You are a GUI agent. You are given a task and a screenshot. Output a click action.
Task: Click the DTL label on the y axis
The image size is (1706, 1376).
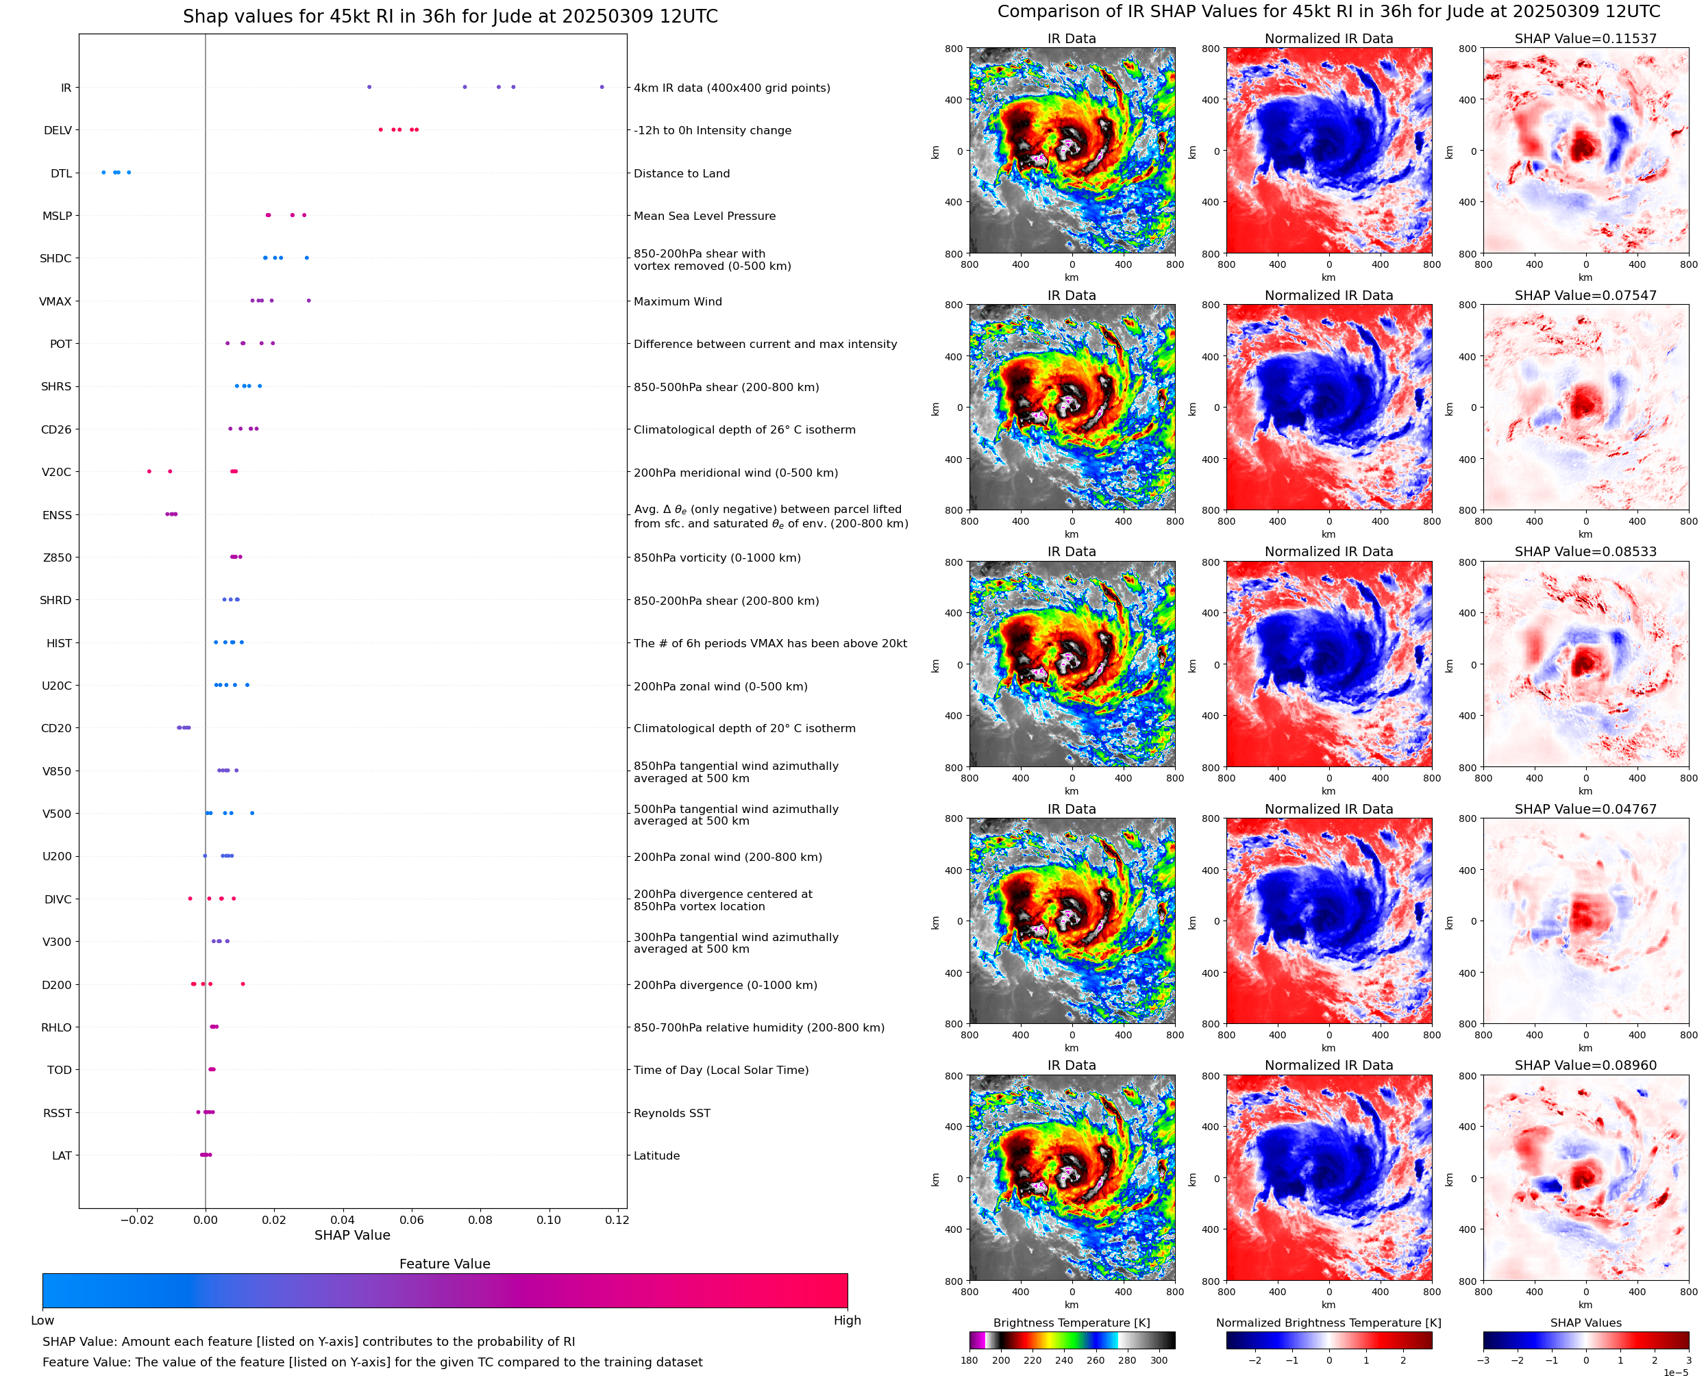click(61, 173)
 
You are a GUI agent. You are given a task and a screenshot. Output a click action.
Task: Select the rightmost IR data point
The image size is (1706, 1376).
click(602, 87)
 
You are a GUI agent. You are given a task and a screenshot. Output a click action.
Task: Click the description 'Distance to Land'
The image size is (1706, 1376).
click(681, 173)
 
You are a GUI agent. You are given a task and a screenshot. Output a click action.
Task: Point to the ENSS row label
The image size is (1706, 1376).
click(57, 515)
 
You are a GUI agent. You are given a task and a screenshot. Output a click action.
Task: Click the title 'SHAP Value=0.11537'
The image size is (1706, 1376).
click(1585, 38)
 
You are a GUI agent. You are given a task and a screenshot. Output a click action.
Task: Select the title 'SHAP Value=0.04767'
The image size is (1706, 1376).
click(1585, 810)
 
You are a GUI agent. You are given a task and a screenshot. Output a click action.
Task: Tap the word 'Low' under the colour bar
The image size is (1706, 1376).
click(42, 1321)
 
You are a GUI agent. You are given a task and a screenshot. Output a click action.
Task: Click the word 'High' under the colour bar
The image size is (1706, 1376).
click(847, 1321)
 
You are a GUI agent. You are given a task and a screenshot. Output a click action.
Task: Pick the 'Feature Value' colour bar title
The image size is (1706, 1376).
click(445, 1264)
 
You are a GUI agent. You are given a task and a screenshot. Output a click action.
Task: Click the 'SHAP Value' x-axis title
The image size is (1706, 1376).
click(352, 1235)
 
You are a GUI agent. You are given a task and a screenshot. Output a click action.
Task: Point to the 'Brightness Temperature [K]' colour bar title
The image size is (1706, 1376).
click(1071, 1323)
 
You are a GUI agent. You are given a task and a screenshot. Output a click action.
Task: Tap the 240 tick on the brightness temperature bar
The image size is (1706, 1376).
click(1064, 1360)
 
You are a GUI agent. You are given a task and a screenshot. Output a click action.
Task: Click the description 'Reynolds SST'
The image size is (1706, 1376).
click(671, 1113)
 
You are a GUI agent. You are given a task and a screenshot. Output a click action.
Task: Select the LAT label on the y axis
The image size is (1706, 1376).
click(62, 1155)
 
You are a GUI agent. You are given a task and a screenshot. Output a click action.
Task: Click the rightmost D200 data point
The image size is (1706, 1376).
click(243, 984)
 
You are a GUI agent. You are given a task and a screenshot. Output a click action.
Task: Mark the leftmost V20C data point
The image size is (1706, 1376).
click(149, 472)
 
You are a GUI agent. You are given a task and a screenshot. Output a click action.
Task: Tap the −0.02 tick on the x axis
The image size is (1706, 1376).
click(136, 1220)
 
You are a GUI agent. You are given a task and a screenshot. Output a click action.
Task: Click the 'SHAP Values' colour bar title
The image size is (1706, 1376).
click(1585, 1323)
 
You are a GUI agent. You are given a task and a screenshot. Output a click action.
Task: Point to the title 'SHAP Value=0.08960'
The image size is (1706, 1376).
click(1585, 1065)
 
